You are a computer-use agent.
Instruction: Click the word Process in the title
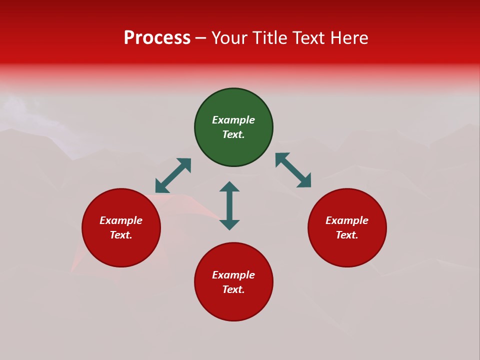coord(157,38)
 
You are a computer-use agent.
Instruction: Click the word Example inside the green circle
coord(233,120)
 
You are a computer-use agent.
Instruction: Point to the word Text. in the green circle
coord(233,134)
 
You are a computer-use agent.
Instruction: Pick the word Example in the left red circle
coord(121,220)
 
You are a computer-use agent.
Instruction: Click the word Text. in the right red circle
coord(347,235)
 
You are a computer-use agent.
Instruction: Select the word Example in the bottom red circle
coord(233,275)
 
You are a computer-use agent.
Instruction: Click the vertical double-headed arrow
coord(229,205)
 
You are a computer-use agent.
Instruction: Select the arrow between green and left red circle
coord(173,175)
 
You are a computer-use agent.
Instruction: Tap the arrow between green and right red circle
coord(293,170)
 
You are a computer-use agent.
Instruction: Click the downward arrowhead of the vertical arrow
coord(229,224)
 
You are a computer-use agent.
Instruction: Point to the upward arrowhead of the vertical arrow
coord(229,186)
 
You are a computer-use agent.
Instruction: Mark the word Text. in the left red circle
coord(121,235)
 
